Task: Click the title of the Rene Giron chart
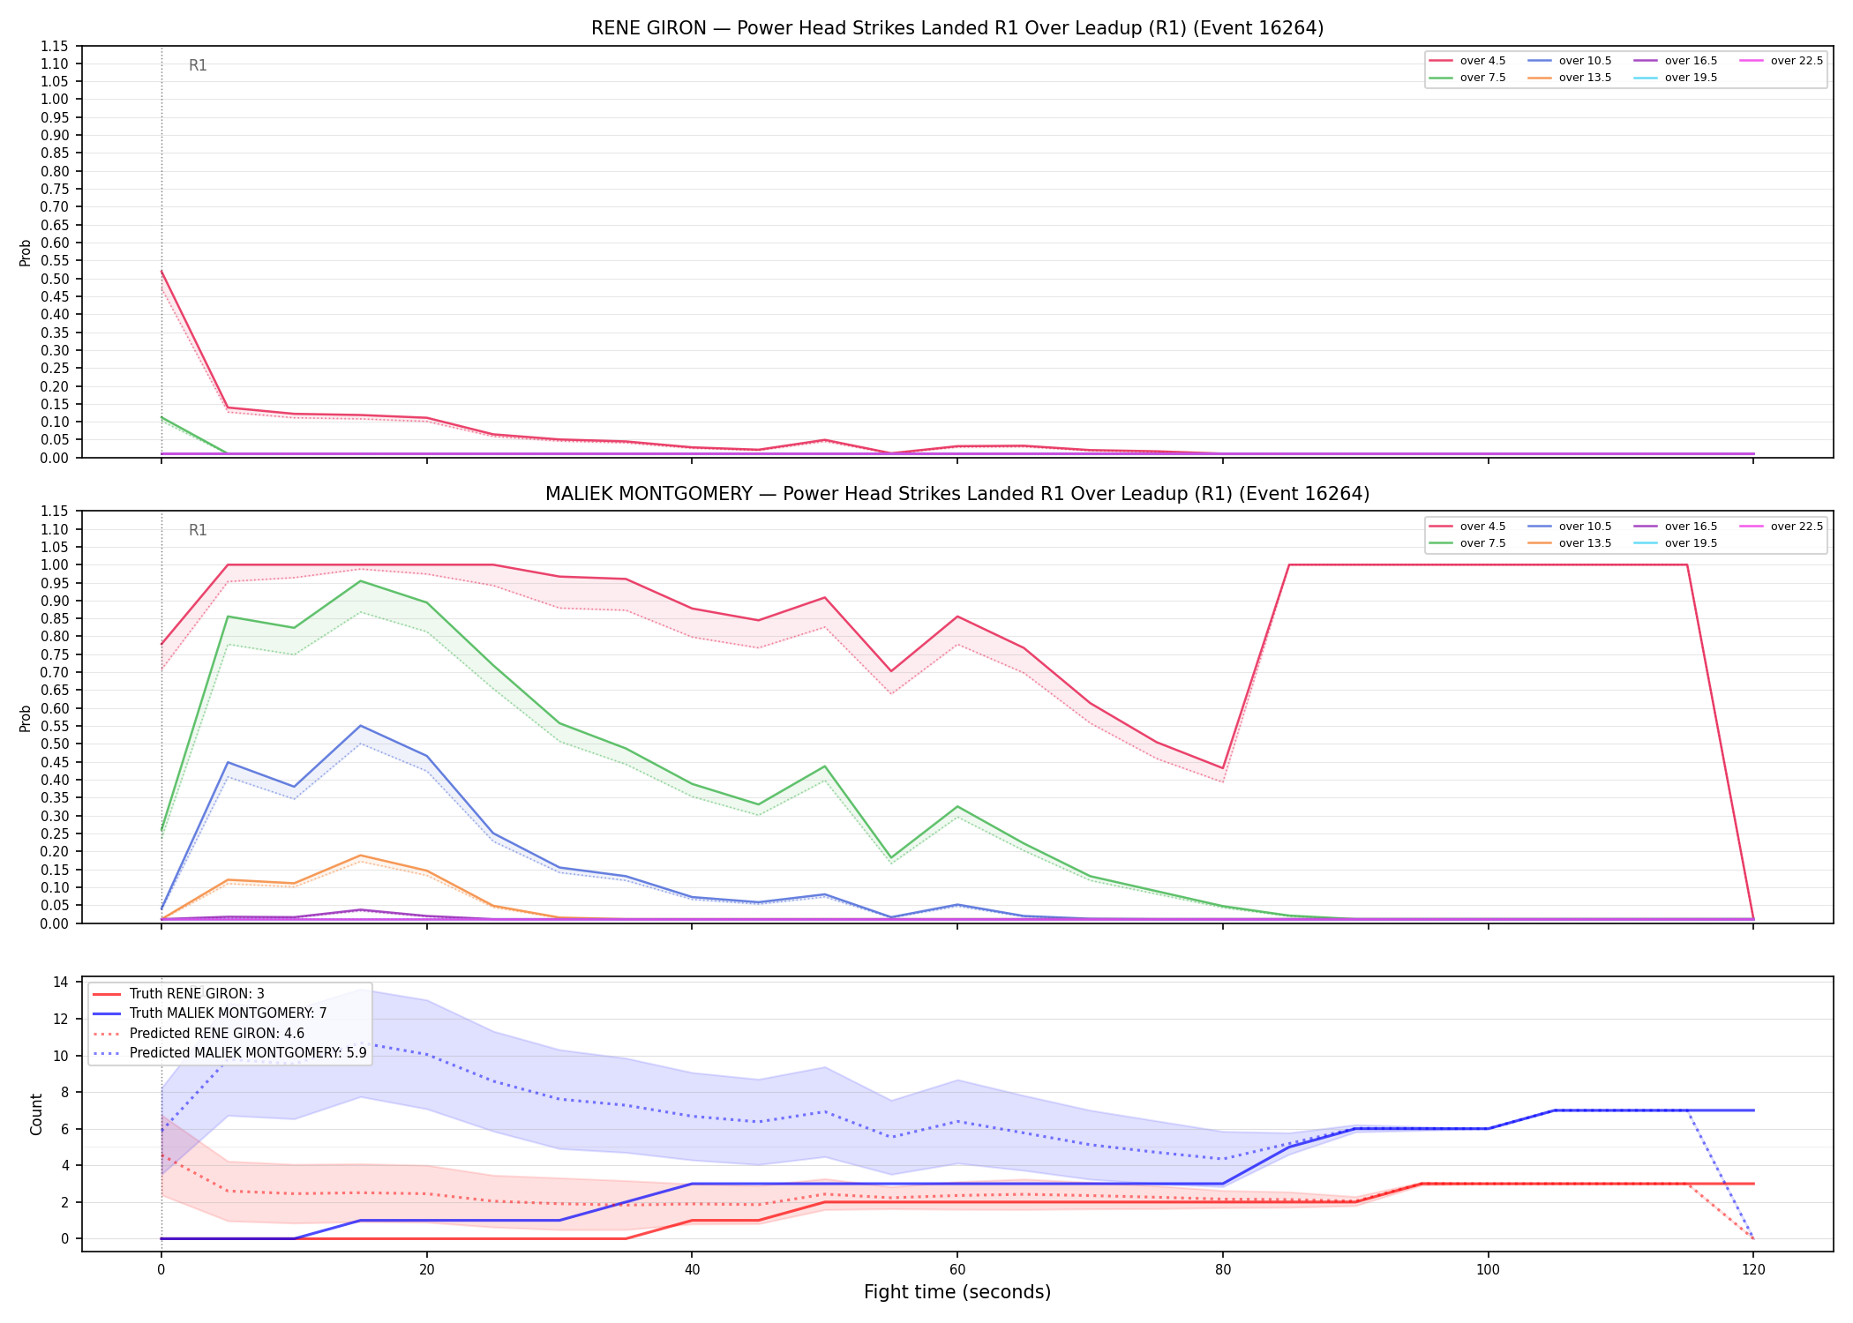[957, 28]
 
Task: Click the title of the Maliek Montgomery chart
[957, 494]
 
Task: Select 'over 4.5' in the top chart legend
[1482, 61]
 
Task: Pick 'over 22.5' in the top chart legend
[1797, 61]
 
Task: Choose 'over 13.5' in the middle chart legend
[1585, 543]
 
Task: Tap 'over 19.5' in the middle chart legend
[1691, 543]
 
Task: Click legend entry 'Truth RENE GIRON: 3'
[197, 994]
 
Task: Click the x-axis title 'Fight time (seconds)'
[957, 1292]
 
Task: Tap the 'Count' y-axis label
[36, 1114]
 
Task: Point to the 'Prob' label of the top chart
[26, 252]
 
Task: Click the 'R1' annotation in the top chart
[198, 65]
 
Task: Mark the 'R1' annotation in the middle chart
[198, 530]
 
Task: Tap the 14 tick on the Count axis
[61, 983]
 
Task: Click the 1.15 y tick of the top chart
[55, 46]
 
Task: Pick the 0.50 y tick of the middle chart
[55, 744]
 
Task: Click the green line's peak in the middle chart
[360, 580]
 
